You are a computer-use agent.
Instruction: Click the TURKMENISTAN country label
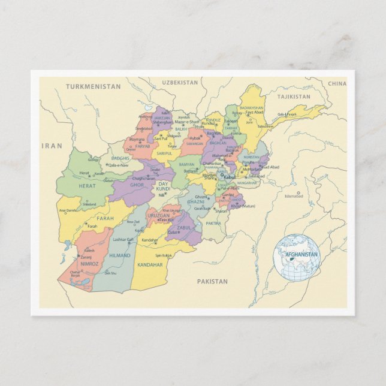(x=93, y=87)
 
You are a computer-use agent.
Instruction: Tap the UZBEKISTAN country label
(x=179, y=82)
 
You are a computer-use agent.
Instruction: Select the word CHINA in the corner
(x=337, y=84)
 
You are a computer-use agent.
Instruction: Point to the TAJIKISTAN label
(x=294, y=96)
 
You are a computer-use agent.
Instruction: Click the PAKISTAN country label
(x=212, y=281)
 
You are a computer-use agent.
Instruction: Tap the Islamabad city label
(x=294, y=196)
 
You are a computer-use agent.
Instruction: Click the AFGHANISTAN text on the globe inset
(x=301, y=255)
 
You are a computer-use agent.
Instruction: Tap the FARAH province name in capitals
(x=105, y=219)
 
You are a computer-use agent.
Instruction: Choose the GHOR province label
(x=137, y=185)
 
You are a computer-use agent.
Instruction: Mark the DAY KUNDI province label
(x=163, y=186)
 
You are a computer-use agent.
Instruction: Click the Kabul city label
(x=230, y=177)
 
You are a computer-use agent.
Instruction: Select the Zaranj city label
(x=86, y=257)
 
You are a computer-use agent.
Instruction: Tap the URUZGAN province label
(x=159, y=215)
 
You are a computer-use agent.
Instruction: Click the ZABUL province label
(x=184, y=228)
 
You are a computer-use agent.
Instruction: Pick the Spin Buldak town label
(x=163, y=255)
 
